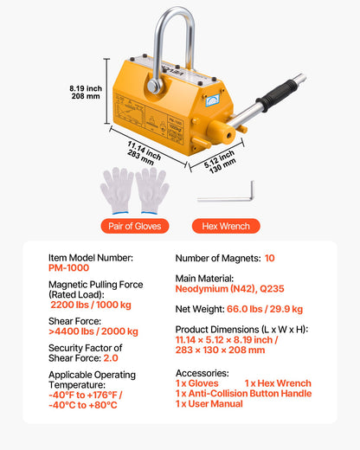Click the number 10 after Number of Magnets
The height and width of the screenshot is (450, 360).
[x=270, y=258]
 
